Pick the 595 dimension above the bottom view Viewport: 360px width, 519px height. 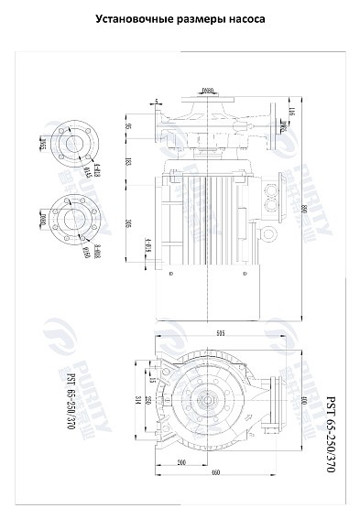click(x=221, y=334)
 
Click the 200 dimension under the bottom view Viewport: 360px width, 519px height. click(x=181, y=462)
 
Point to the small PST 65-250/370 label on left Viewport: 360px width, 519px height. click(x=70, y=402)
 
